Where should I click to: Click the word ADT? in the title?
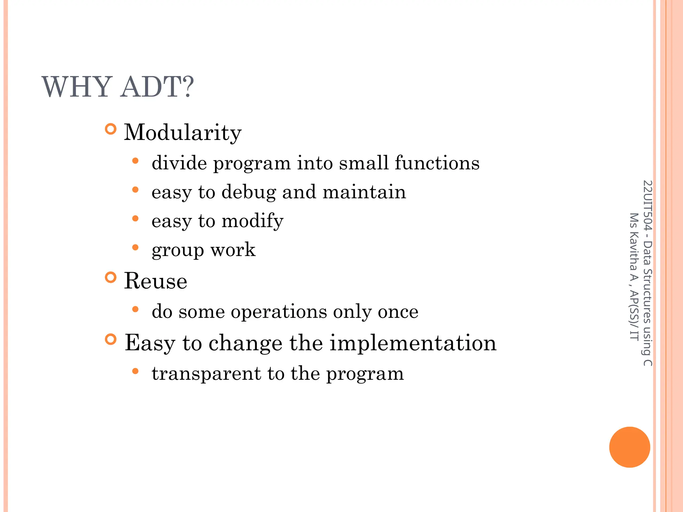coord(157,87)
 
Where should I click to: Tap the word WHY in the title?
coord(77,87)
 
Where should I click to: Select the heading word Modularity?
coord(183,133)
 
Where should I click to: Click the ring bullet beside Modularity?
coord(111,129)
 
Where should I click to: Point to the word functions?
coord(437,163)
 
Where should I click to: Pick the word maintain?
coord(364,192)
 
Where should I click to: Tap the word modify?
coord(252,221)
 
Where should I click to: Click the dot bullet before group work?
coord(135,247)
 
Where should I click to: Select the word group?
coord(177,250)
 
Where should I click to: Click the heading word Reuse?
coord(155,281)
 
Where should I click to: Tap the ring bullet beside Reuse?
coord(111,277)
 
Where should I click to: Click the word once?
coord(398,312)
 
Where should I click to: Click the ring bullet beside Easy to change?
coord(111,339)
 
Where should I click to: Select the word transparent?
coord(206,374)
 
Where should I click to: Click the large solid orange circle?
coord(629,447)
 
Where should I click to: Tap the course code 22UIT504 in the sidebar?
coord(647,205)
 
